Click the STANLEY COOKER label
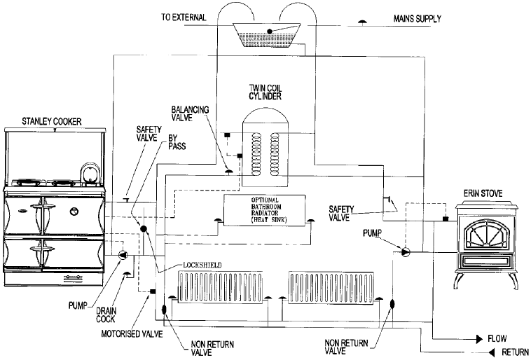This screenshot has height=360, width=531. pyautogui.click(x=51, y=121)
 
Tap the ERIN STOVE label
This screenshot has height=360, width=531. pyautogui.click(x=483, y=193)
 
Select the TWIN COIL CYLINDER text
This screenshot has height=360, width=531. pyautogui.click(x=265, y=92)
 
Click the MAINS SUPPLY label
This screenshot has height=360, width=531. pyautogui.click(x=418, y=18)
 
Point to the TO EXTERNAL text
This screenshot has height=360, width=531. pyautogui.click(x=184, y=18)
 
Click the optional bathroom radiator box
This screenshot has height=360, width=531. pyautogui.click(x=265, y=210)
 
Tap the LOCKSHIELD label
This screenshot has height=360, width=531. pyautogui.click(x=202, y=265)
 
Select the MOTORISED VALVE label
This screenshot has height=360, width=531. pyautogui.click(x=132, y=334)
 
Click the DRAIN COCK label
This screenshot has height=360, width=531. pyautogui.click(x=106, y=314)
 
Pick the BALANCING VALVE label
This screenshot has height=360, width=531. pyautogui.click(x=190, y=113)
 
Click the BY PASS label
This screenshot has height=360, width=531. pyautogui.click(x=177, y=142)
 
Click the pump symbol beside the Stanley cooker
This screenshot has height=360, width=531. pyautogui.click(x=123, y=255)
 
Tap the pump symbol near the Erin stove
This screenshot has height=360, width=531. pyautogui.click(x=406, y=251)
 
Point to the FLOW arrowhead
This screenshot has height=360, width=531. pyautogui.click(x=479, y=339)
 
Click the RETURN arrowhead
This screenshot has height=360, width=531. pyautogui.click(x=492, y=352)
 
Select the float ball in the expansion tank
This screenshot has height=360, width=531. pyautogui.click(x=270, y=31)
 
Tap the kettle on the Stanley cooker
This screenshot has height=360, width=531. pyautogui.click(x=90, y=174)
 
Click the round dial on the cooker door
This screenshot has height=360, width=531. pyautogui.click(x=74, y=212)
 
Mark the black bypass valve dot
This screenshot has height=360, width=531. pyautogui.click(x=143, y=228)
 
